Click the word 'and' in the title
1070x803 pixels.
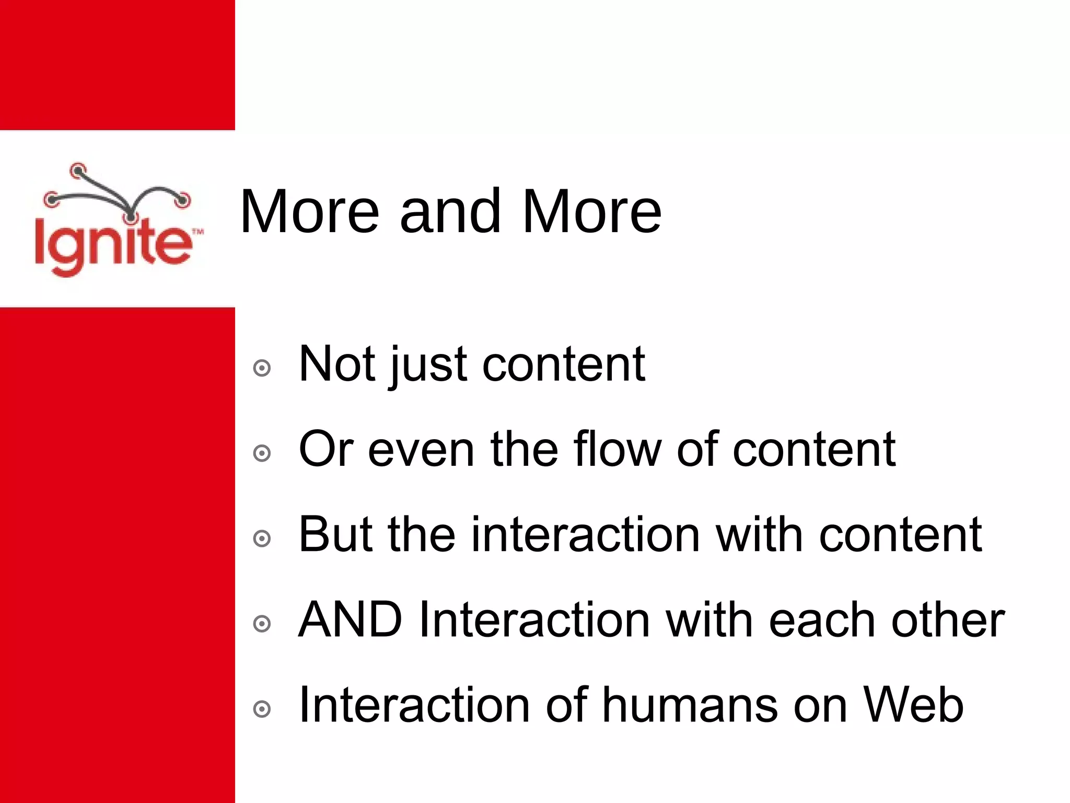(x=450, y=212)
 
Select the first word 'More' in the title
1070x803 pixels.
(x=309, y=212)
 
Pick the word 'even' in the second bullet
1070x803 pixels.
(x=421, y=450)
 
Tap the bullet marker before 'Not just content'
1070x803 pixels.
(x=262, y=368)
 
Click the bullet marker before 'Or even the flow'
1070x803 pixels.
(x=262, y=453)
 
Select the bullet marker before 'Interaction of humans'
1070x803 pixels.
(x=262, y=709)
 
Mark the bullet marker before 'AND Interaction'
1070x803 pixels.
(x=262, y=624)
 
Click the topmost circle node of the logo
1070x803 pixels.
(x=78, y=169)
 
